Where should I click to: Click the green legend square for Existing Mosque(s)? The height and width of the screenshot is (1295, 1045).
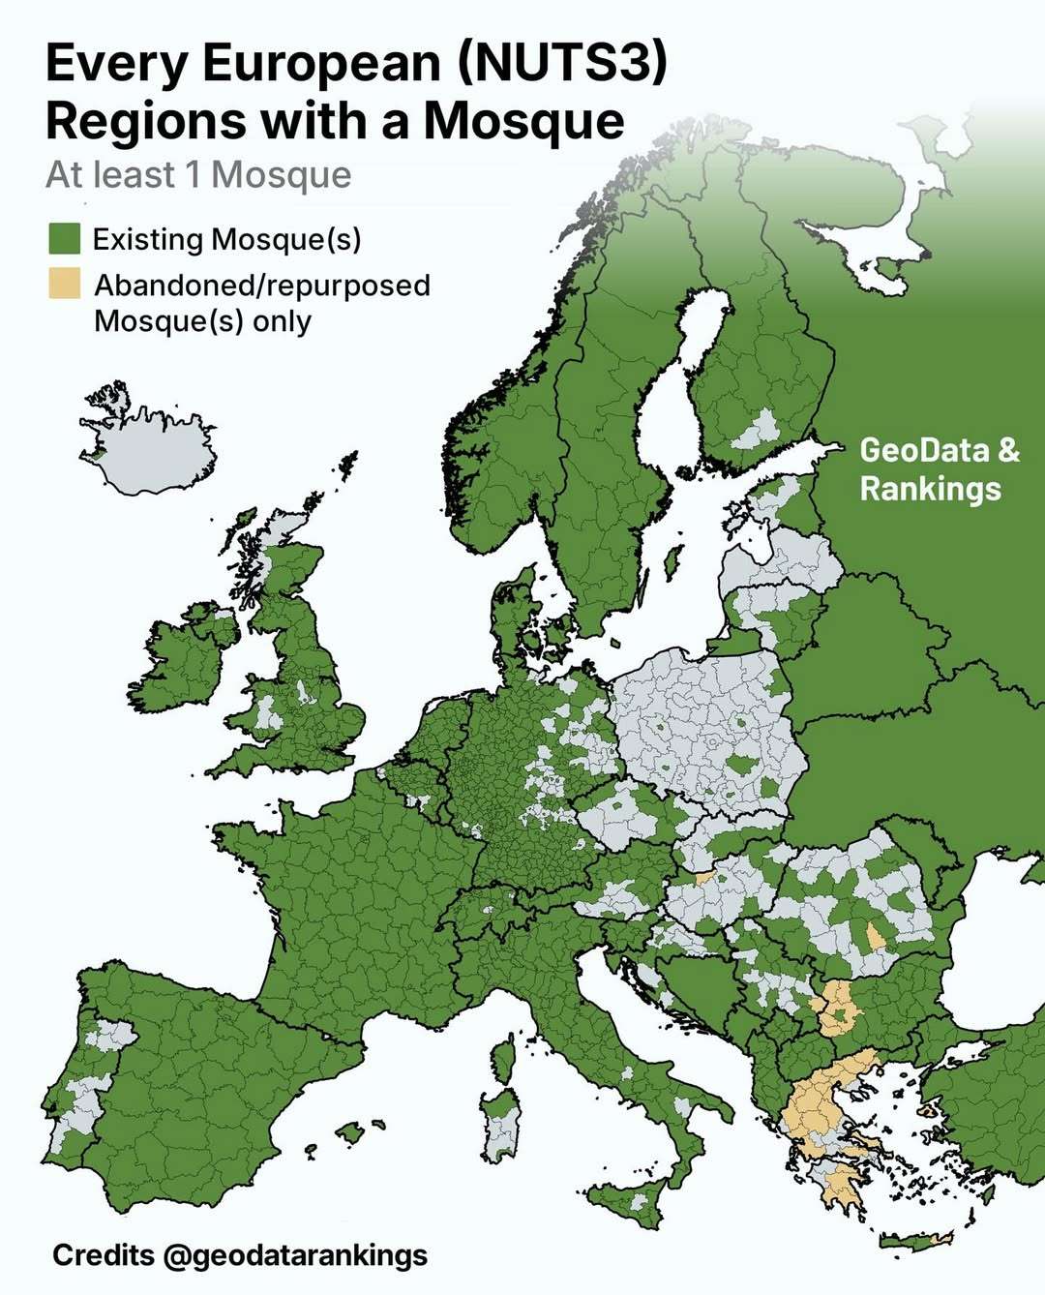pyautogui.click(x=64, y=238)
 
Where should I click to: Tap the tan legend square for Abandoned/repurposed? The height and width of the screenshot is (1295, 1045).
pyautogui.click(x=64, y=285)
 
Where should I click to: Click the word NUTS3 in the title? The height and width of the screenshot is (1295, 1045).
pyautogui.click(x=561, y=64)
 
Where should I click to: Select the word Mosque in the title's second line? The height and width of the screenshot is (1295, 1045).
pyautogui.click(x=523, y=121)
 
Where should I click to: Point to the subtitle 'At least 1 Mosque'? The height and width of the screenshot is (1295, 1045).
pyautogui.click(x=198, y=175)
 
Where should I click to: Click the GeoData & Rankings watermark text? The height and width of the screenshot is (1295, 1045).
pyautogui.click(x=939, y=468)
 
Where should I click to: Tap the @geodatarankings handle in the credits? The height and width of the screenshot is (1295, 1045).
pyautogui.click(x=294, y=1255)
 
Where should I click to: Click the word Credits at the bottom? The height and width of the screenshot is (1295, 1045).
pyautogui.click(x=103, y=1255)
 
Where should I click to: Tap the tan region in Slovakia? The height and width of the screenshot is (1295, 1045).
pyautogui.click(x=703, y=877)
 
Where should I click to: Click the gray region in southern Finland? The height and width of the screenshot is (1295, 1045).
pyautogui.click(x=760, y=431)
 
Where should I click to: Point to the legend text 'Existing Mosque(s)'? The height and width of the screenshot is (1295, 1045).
pyautogui.click(x=226, y=239)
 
